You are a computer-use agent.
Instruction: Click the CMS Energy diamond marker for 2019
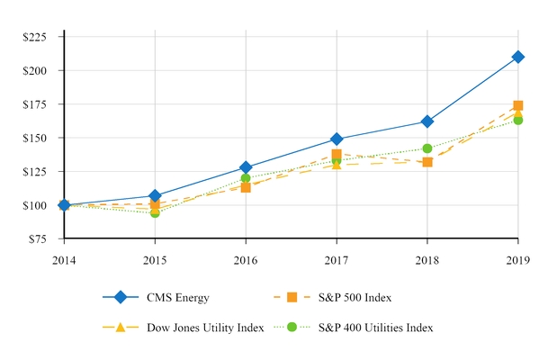click(517, 57)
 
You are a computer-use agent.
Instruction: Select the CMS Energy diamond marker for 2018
click(427, 121)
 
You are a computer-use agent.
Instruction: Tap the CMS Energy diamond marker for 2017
click(336, 139)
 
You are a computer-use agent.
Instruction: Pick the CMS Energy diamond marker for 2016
click(245, 167)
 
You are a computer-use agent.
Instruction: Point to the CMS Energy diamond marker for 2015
click(155, 195)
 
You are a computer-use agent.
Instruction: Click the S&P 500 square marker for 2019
click(517, 105)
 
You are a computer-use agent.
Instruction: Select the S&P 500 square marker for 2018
click(427, 162)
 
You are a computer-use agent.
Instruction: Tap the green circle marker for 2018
click(427, 148)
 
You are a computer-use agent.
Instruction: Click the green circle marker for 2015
click(155, 213)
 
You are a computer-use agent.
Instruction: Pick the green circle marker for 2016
click(245, 178)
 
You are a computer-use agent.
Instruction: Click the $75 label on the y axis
click(36, 239)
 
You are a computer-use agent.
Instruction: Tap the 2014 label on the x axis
click(64, 258)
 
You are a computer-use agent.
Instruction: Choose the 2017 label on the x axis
click(336, 258)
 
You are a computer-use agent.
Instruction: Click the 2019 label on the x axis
click(517, 258)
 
